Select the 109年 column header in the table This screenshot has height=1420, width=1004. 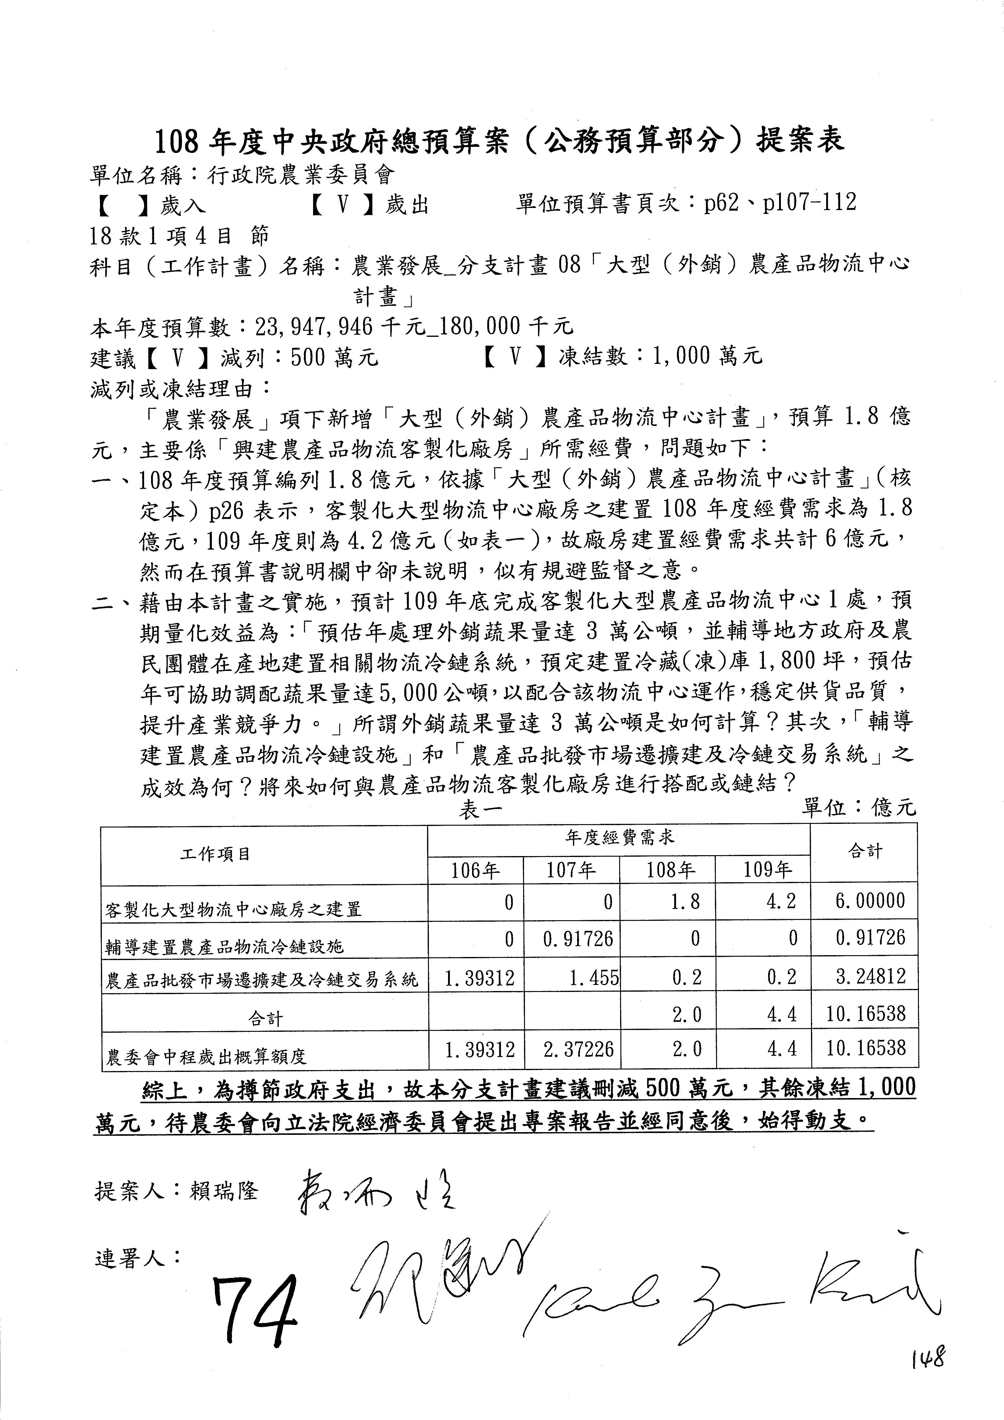(x=767, y=871)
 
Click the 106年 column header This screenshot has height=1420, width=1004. (x=475, y=871)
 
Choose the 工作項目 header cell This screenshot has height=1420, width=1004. (x=215, y=854)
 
